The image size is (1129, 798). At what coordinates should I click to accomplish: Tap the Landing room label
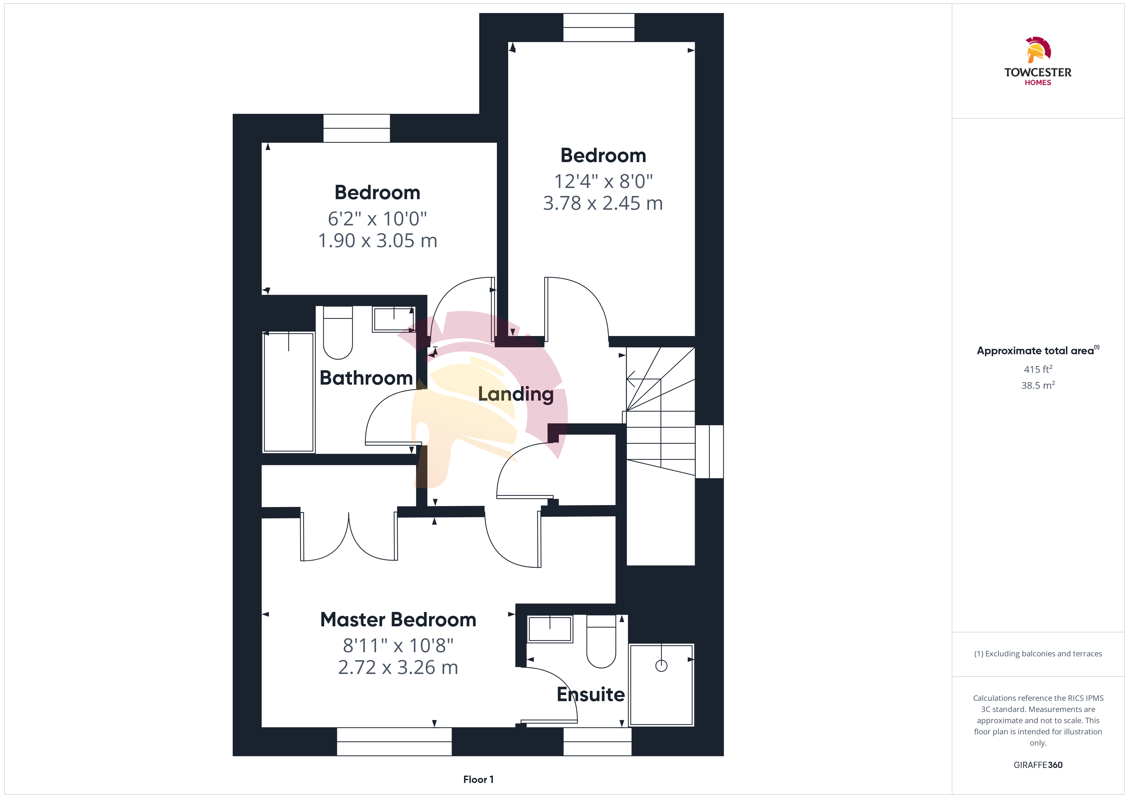(516, 394)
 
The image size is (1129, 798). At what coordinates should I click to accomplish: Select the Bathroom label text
(366, 378)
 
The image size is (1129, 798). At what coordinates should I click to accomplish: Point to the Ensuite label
(590, 694)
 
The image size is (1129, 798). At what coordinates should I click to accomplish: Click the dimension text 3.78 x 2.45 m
(603, 203)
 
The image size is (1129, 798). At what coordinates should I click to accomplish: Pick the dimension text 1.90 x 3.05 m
(378, 241)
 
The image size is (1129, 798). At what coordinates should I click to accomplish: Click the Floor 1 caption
(478, 779)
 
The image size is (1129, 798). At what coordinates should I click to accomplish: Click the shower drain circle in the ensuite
(661, 666)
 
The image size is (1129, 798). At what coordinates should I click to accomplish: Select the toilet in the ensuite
(601, 641)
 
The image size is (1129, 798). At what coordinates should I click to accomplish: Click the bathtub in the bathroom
(289, 392)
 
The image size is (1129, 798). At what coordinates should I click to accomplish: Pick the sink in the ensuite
(550, 629)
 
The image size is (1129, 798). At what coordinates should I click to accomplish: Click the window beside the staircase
(709, 451)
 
